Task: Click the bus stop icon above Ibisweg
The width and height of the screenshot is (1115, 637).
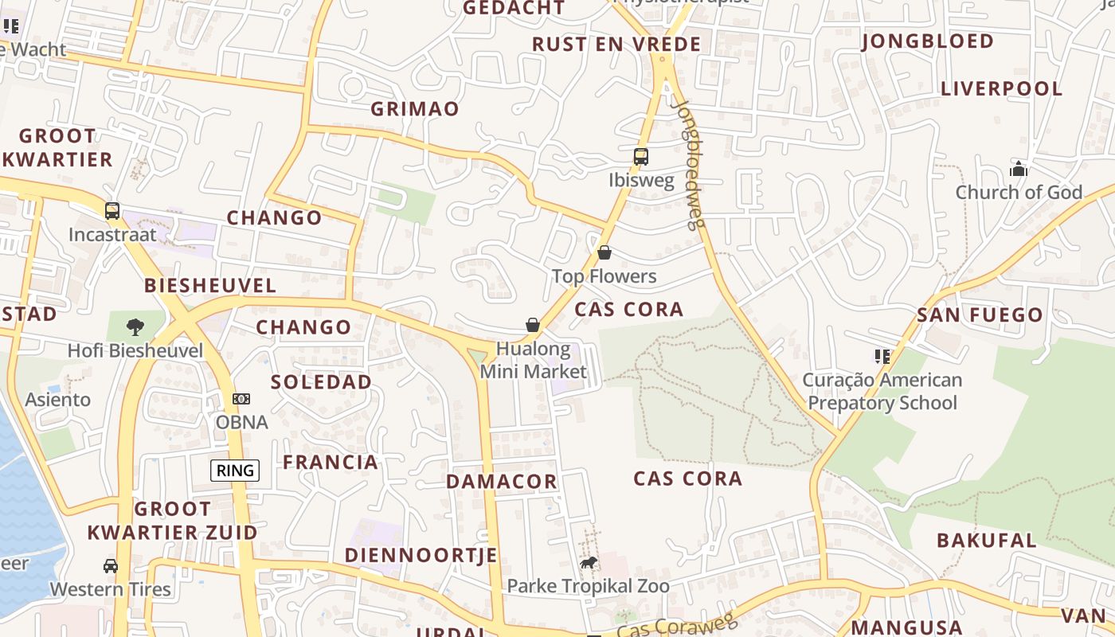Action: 641,157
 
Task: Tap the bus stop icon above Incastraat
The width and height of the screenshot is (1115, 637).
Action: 112,211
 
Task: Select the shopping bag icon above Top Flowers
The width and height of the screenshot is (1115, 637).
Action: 604,253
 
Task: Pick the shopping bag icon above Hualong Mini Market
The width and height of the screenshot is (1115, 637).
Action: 533,325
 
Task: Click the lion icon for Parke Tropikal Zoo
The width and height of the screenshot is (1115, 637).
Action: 589,564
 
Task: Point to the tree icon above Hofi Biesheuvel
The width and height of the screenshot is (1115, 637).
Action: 135,326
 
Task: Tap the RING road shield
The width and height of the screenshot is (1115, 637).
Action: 236,471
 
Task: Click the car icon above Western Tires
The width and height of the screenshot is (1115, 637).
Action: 111,566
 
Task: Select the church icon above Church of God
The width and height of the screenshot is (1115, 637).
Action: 1018,169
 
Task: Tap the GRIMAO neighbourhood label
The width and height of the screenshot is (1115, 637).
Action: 415,109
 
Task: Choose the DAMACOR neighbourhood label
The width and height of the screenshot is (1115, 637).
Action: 502,482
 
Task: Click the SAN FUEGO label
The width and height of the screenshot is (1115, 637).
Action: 980,315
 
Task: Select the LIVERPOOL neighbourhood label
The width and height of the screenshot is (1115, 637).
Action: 1002,88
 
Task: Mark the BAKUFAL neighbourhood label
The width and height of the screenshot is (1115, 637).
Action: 987,540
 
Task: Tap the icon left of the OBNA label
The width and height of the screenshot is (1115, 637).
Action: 241,399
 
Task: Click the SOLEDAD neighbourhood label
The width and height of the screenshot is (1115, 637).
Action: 321,382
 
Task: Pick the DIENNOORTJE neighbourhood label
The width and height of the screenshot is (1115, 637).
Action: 421,555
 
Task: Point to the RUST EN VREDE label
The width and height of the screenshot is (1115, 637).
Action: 616,44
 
